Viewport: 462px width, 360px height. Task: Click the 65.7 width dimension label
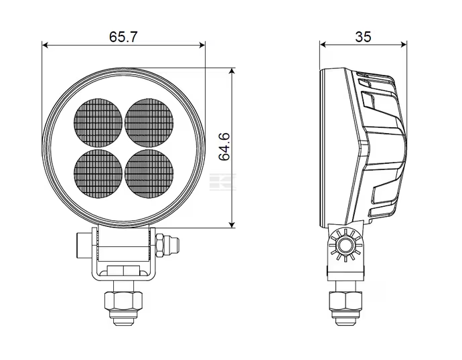pyautogui.click(x=123, y=37)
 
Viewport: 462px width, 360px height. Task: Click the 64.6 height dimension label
pyautogui.click(x=224, y=147)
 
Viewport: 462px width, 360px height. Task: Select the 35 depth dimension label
pyautogui.click(x=364, y=37)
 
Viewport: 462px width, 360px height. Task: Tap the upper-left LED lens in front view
pyautogui.click(x=98, y=122)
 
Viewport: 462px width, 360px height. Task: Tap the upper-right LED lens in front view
pyautogui.click(x=149, y=122)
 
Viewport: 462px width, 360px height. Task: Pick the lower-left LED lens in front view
pyautogui.click(x=98, y=174)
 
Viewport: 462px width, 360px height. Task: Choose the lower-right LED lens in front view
pyautogui.click(x=149, y=174)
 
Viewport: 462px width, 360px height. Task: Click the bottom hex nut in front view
pyautogui.click(x=124, y=301)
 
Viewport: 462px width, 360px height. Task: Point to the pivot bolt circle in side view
pyautogui.click(x=345, y=245)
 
